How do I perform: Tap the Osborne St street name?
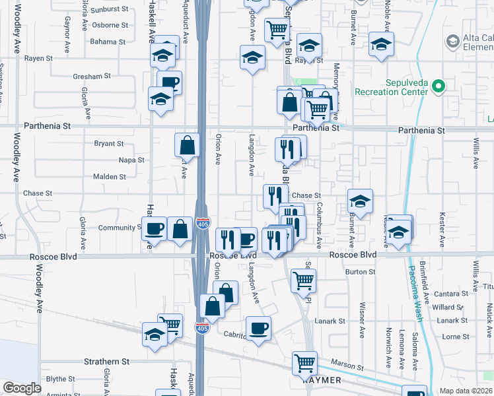click(x=110, y=26)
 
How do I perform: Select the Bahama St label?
click(x=108, y=42)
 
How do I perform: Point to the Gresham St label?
click(x=92, y=77)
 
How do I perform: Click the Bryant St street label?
click(x=109, y=143)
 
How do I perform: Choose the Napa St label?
click(x=131, y=160)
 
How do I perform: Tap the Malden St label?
click(x=110, y=177)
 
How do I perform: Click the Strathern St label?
click(x=106, y=362)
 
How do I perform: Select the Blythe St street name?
click(x=60, y=379)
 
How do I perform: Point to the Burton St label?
click(x=360, y=271)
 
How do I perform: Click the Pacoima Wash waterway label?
click(x=415, y=292)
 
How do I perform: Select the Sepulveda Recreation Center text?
click(x=392, y=87)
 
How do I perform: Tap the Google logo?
click(x=22, y=388)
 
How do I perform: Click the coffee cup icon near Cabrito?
click(x=258, y=328)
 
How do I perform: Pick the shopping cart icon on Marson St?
click(x=304, y=362)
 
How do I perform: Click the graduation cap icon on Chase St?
click(x=360, y=201)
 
